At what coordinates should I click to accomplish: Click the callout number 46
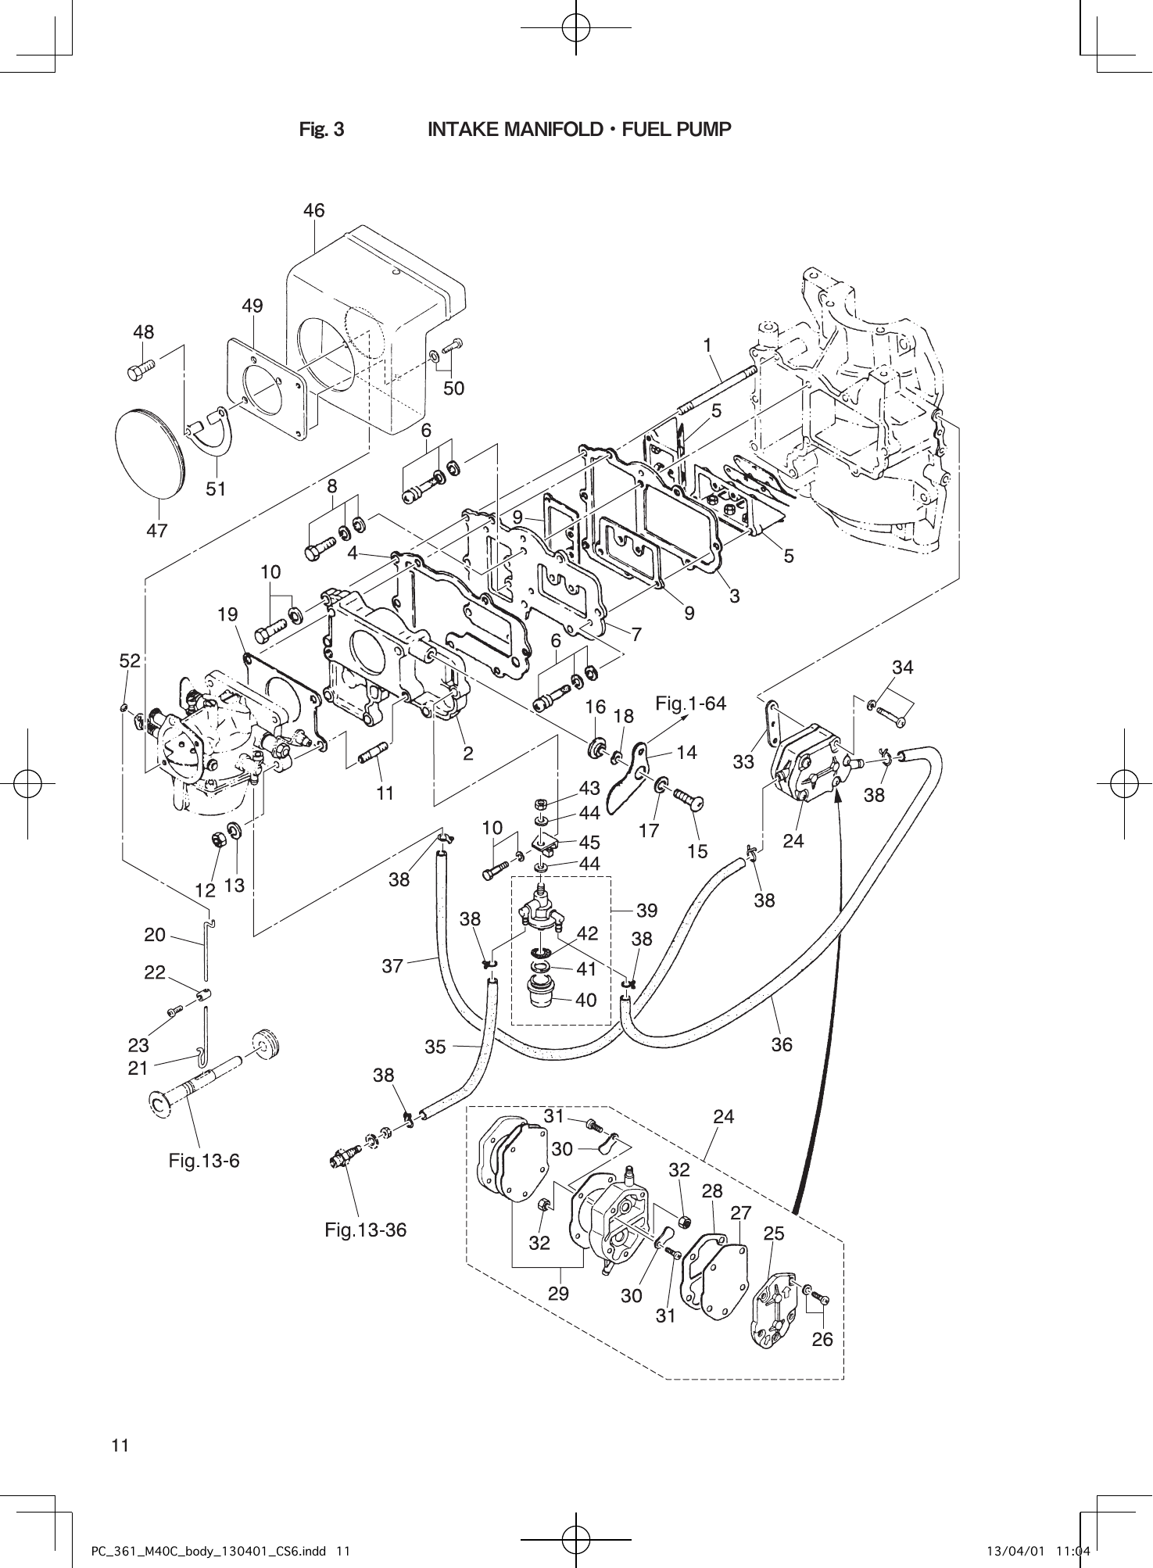314,210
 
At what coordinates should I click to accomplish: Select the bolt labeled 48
141,370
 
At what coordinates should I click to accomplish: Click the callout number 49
252,306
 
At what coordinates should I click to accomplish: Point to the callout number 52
130,660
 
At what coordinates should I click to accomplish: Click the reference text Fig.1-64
691,703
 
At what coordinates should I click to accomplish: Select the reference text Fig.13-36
366,1230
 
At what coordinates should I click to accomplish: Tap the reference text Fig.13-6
204,1161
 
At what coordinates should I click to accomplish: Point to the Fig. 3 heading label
322,129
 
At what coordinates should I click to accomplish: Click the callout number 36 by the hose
782,1044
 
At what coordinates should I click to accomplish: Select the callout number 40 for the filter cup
585,1000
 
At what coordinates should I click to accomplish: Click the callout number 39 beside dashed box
647,910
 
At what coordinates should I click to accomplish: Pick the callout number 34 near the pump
903,667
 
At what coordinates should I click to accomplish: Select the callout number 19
227,614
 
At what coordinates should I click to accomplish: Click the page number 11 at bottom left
120,1444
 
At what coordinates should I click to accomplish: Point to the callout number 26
822,1339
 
